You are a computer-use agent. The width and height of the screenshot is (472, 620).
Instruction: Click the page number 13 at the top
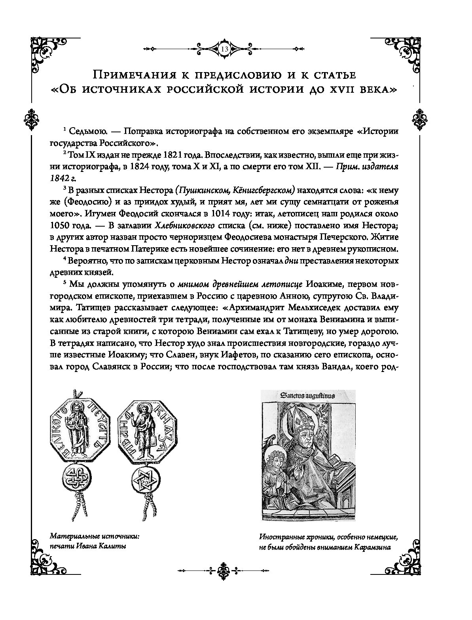(224, 50)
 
